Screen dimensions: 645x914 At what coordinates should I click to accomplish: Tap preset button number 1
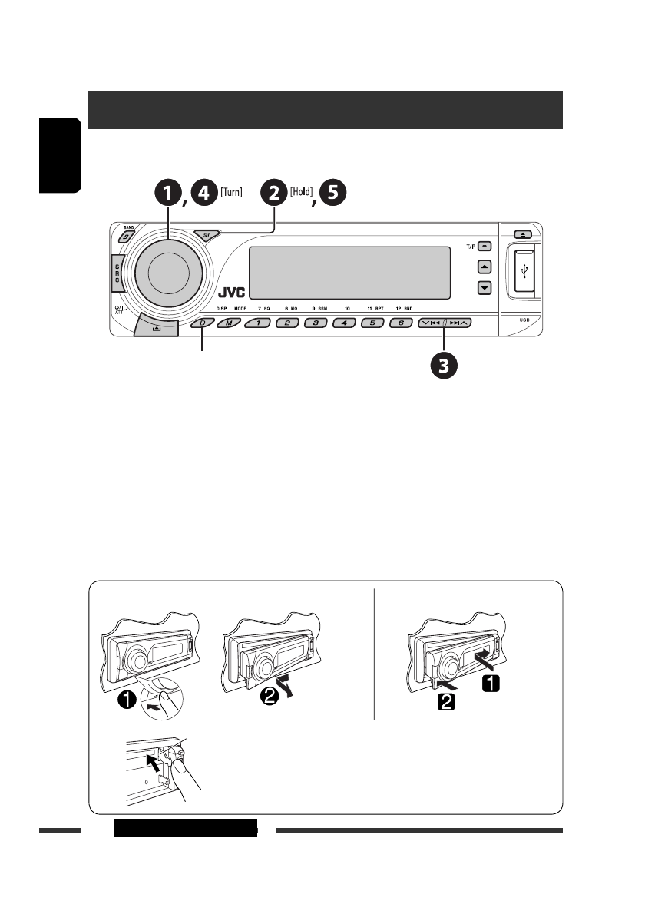click(x=259, y=323)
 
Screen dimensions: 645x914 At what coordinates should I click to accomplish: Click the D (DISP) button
click(x=203, y=323)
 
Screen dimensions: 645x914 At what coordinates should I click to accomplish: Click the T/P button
click(x=484, y=248)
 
